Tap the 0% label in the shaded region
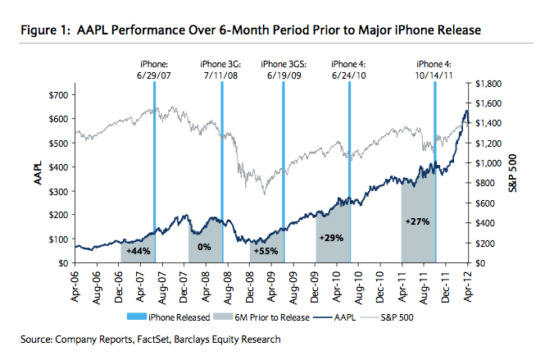[x=205, y=246]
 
